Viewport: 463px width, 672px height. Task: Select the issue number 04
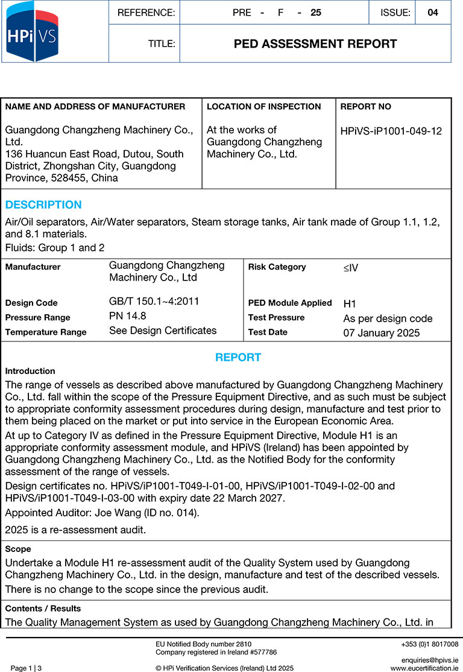(x=432, y=13)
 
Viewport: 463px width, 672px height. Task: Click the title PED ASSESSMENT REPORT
(x=315, y=44)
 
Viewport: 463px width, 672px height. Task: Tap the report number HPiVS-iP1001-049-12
(x=391, y=132)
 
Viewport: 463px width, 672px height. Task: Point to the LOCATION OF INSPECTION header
(x=263, y=107)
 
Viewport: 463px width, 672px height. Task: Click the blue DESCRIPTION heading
(x=43, y=204)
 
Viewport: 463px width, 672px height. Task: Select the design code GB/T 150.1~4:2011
(x=154, y=302)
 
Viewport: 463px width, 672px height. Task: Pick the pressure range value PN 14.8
(x=128, y=315)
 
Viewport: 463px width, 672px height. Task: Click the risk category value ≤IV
(x=351, y=267)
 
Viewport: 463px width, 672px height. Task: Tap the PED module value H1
(x=350, y=304)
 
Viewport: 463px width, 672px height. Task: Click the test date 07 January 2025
(x=382, y=332)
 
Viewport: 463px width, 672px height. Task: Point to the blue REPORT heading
(x=238, y=358)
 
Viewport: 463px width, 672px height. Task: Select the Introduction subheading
(x=30, y=372)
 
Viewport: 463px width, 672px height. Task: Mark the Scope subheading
(x=18, y=550)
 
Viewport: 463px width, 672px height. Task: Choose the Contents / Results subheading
(x=43, y=609)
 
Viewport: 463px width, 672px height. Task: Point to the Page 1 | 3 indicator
(x=27, y=668)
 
